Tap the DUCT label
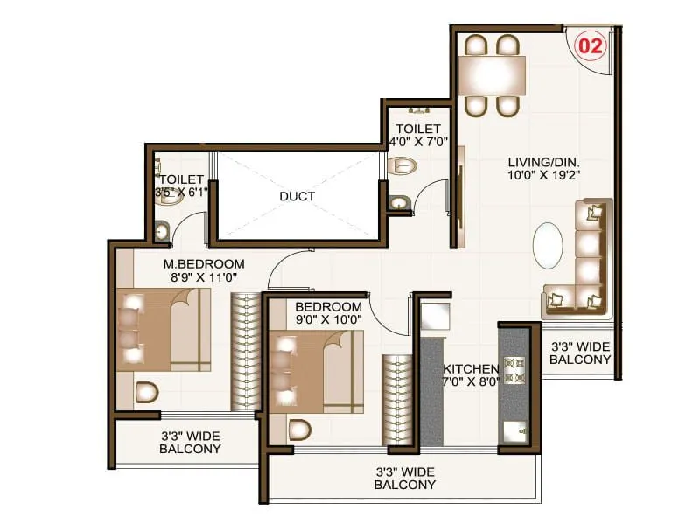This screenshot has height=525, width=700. point(297,197)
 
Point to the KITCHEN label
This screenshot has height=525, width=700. point(471,369)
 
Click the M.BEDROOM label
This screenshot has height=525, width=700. point(204,263)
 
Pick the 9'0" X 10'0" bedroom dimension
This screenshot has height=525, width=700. point(328,321)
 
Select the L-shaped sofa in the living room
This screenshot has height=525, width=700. point(584,262)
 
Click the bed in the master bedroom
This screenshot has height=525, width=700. point(166,330)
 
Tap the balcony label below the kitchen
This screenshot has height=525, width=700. point(404,478)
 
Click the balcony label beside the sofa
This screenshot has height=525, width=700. point(580,353)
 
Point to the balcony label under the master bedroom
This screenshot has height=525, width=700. point(190,442)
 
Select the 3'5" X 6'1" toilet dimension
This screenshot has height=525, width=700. point(182,192)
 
